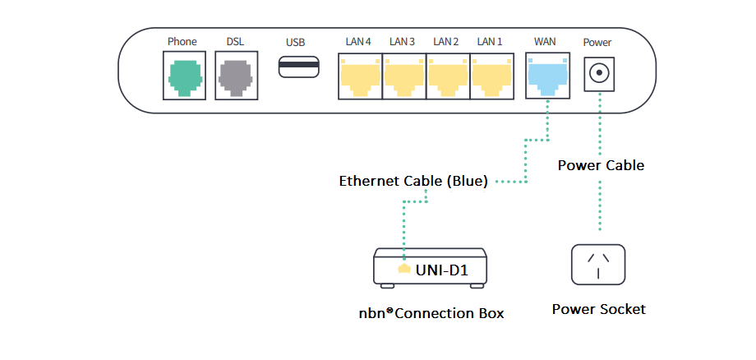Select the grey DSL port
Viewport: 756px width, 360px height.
(235, 76)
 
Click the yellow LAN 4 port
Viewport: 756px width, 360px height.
(360, 76)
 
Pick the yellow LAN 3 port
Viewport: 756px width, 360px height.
(403, 76)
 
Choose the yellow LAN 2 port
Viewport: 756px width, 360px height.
(447, 76)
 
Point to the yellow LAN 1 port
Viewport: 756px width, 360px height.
(491, 76)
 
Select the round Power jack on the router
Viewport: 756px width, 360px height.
(599, 74)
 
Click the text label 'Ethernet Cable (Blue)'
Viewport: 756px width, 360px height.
(413, 182)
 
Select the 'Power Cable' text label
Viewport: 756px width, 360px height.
(601, 165)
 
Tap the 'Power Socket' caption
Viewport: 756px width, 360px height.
(598, 310)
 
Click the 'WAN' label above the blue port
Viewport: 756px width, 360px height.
(545, 41)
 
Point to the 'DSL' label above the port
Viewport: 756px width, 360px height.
(235, 41)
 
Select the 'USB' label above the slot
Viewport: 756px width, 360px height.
(295, 41)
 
